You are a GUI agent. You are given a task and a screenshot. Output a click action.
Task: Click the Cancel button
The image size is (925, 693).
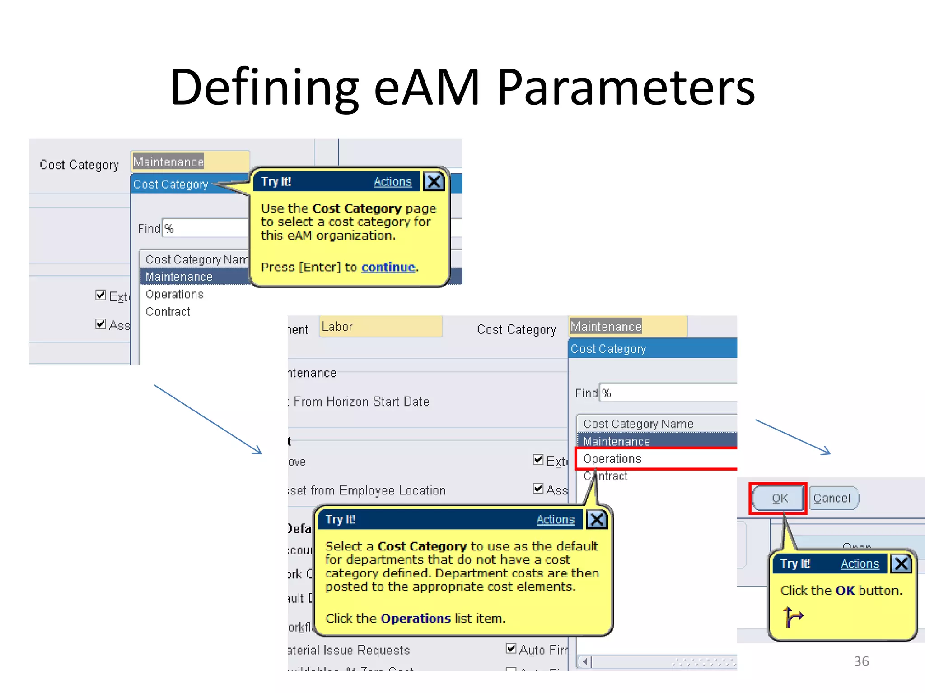[833, 498]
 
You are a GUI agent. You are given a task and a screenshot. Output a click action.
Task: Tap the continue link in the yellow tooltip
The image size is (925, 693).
[388, 267]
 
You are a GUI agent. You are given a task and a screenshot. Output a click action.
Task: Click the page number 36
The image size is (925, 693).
[861, 661]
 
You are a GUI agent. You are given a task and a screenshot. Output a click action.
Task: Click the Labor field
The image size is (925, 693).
[380, 327]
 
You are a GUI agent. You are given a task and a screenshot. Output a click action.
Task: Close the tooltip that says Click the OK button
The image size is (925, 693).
[901, 564]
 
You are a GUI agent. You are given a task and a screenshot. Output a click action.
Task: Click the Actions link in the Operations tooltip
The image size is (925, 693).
[555, 519]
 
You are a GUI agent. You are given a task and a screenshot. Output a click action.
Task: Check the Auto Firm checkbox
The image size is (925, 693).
[511, 648]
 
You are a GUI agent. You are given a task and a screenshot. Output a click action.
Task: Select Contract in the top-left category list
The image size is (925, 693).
[168, 312]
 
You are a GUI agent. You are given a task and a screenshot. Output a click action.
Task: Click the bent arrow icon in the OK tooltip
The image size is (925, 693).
[793, 617]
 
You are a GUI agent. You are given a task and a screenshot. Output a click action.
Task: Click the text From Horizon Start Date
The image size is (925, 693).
[361, 402]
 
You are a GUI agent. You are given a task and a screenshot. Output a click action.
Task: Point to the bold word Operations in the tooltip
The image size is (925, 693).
[416, 618]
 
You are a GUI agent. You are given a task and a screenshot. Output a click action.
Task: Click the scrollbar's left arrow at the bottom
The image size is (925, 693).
[585, 662]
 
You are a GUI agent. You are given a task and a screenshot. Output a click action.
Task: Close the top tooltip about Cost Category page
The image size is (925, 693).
[434, 182]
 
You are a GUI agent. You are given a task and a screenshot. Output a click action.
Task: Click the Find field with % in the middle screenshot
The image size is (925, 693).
[668, 393]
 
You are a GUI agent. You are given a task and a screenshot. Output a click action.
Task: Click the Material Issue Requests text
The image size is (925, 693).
[349, 650]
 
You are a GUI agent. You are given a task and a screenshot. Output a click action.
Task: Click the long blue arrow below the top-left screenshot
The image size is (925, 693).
[208, 419]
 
